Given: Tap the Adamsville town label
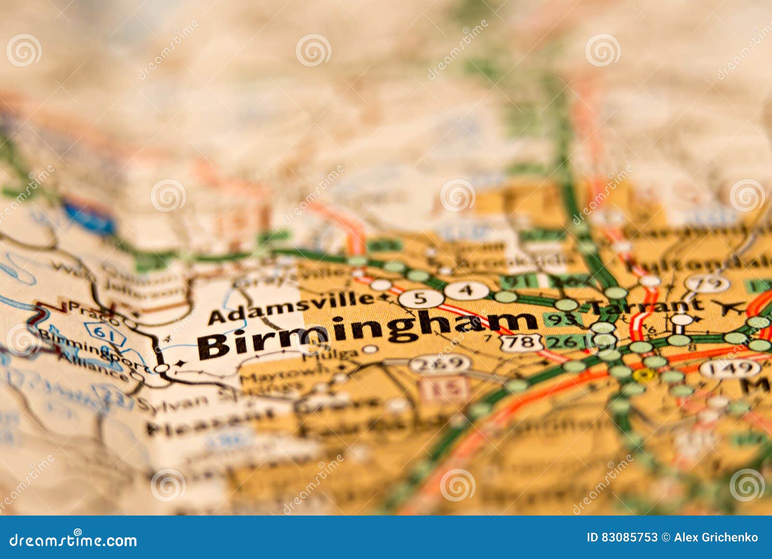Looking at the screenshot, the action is [291, 308].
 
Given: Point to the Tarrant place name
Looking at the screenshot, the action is [647, 306].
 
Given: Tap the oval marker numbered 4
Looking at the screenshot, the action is [466, 291].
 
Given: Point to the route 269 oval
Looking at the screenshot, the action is [440, 363].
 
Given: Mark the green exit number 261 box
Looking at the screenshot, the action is [567, 342].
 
